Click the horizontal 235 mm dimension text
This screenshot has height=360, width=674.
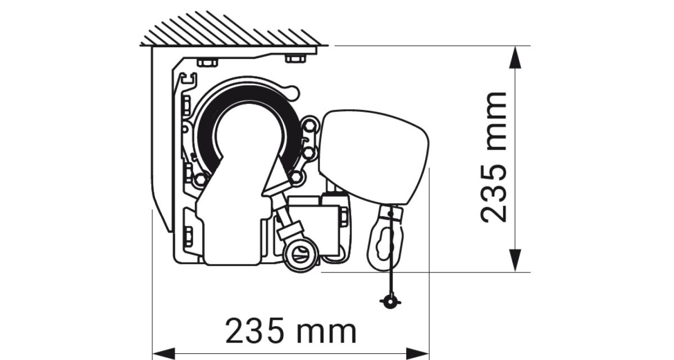pos(291,331)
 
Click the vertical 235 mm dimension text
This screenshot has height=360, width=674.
pos(494,157)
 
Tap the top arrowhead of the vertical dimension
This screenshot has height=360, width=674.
pos(516,57)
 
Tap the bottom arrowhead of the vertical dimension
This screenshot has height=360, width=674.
pos(516,261)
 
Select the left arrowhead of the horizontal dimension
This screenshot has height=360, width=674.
pos(163,353)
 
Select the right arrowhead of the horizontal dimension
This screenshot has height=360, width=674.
pos(418,353)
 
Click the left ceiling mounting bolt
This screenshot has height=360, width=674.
pos(207,62)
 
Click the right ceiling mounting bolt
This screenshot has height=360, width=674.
pos(295,58)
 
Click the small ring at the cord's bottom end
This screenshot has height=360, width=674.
pos(390,302)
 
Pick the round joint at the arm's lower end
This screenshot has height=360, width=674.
pos(302,254)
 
